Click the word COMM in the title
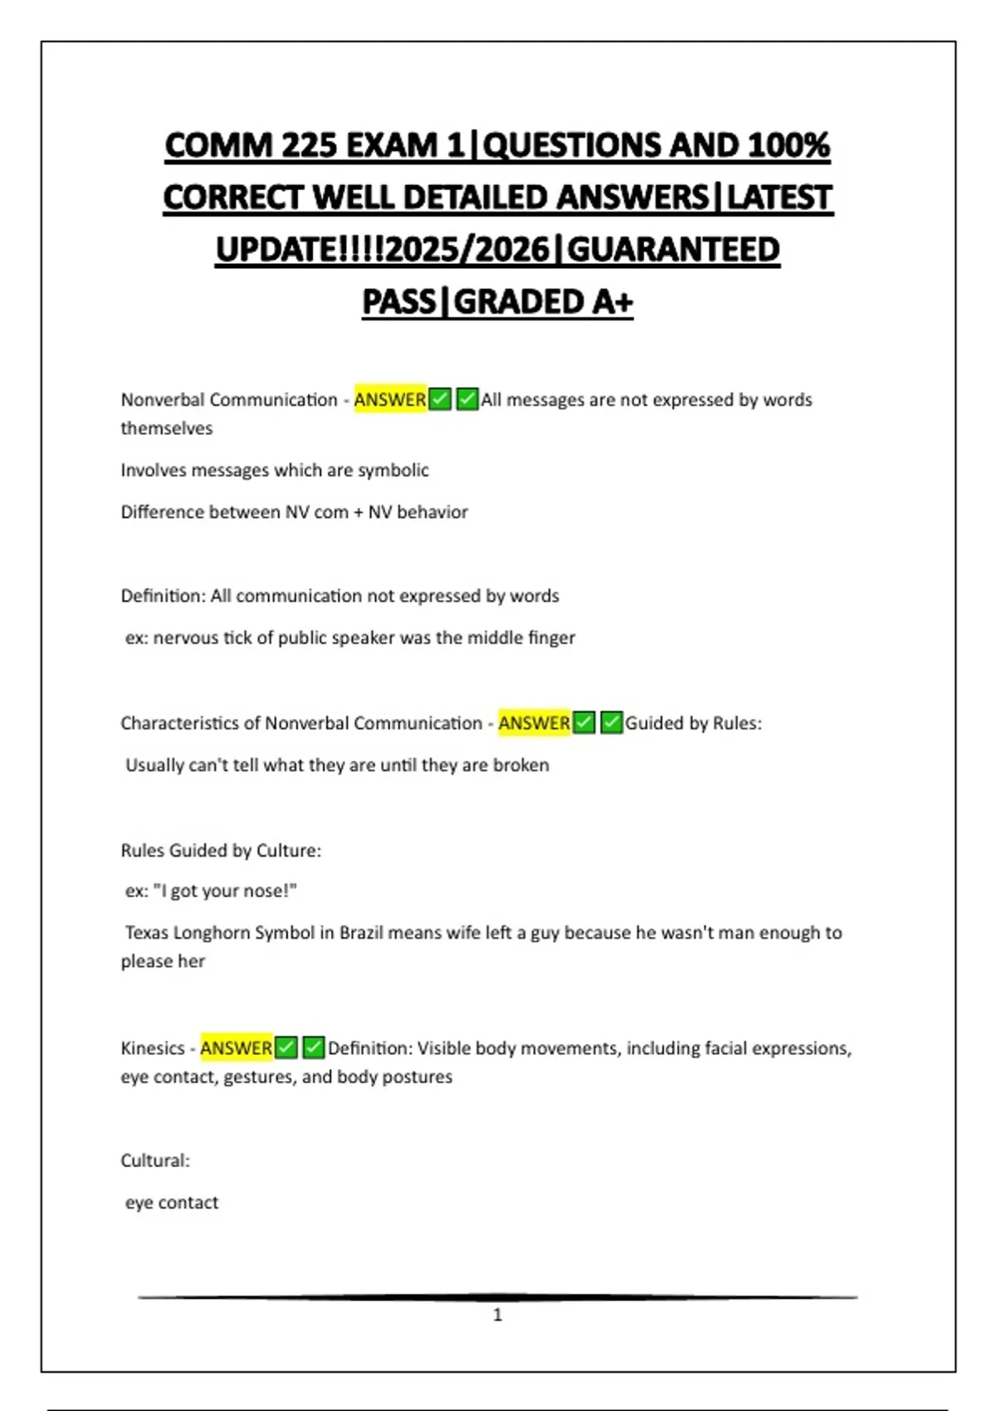[218, 145]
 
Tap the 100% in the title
[788, 145]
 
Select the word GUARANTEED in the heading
[673, 249]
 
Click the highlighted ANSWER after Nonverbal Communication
[390, 399]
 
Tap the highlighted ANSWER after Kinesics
[236, 1047]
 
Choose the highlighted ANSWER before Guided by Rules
[534, 723]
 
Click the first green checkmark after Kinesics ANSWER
[286, 1047]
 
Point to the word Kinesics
[153, 1047]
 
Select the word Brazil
[360, 932]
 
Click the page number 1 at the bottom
[498, 1315]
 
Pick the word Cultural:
[155, 1160]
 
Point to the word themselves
[167, 428]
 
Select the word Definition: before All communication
[163, 596]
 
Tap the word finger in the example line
[552, 637]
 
